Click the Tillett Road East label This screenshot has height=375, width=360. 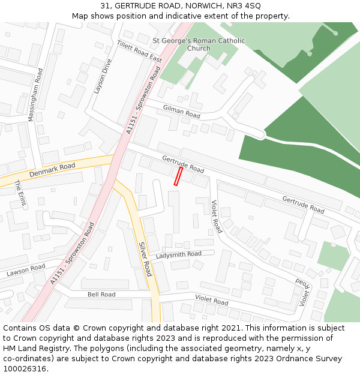[x=139, y=52]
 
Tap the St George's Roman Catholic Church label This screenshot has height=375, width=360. [x=199, y=44]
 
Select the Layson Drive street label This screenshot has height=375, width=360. [x=103, y=76]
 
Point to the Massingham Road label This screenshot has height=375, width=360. [x=35, y=95]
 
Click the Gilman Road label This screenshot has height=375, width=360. [x=181, y=110]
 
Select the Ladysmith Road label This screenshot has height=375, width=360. [x=179, y=255]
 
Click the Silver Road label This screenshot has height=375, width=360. [x=145, y=259]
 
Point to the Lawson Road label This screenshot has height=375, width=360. [x=26, y=271]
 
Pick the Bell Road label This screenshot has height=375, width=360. [x=101, y=295]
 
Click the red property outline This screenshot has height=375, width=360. [x=178, y=176]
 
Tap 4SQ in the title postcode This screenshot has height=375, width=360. [x=252, y=5]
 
